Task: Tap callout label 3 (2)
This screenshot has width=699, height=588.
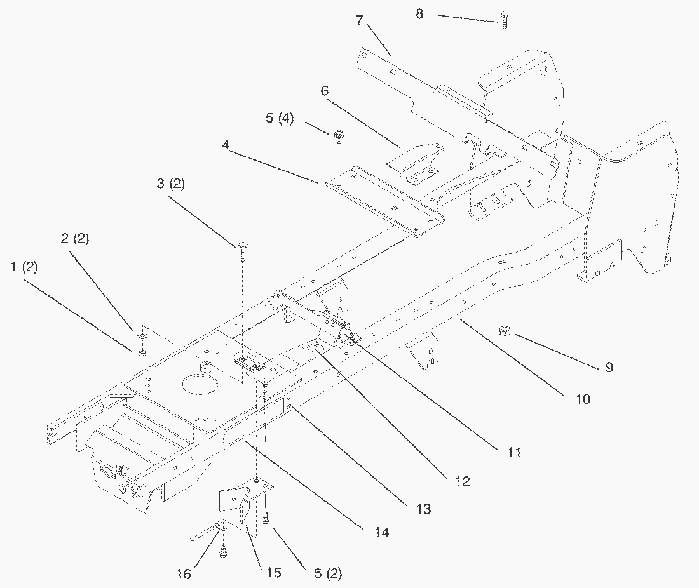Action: coord(170,184)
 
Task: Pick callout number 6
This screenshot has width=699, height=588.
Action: coord(325,91)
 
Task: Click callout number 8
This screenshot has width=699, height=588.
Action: coord(419,13)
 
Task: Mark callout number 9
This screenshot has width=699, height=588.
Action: coord(609,368)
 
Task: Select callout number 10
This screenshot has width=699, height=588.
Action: coord(583,399)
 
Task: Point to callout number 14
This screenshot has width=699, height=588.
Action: coord(381,532)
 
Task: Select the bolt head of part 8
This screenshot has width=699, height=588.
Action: coord(504,15)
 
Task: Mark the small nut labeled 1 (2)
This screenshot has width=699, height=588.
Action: coord(142,352)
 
